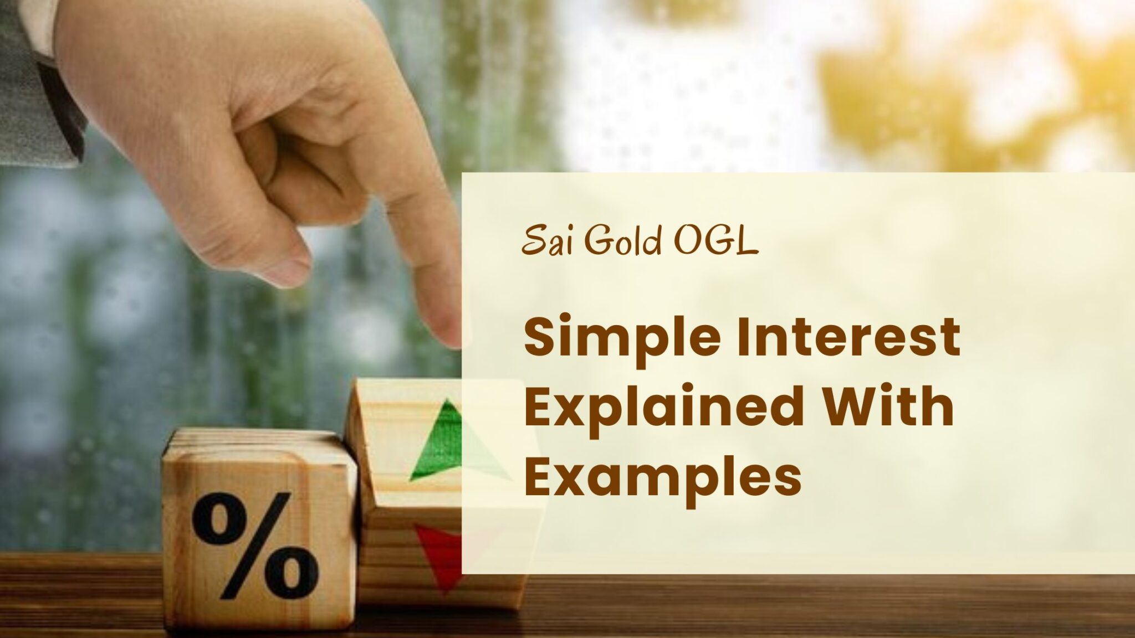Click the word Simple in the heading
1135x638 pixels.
point(616,339)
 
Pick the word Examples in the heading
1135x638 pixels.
point(662,477)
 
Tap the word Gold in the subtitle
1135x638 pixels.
point(623,241)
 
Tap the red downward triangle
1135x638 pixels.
point(441,554)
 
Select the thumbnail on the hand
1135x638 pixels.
point(288,266)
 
